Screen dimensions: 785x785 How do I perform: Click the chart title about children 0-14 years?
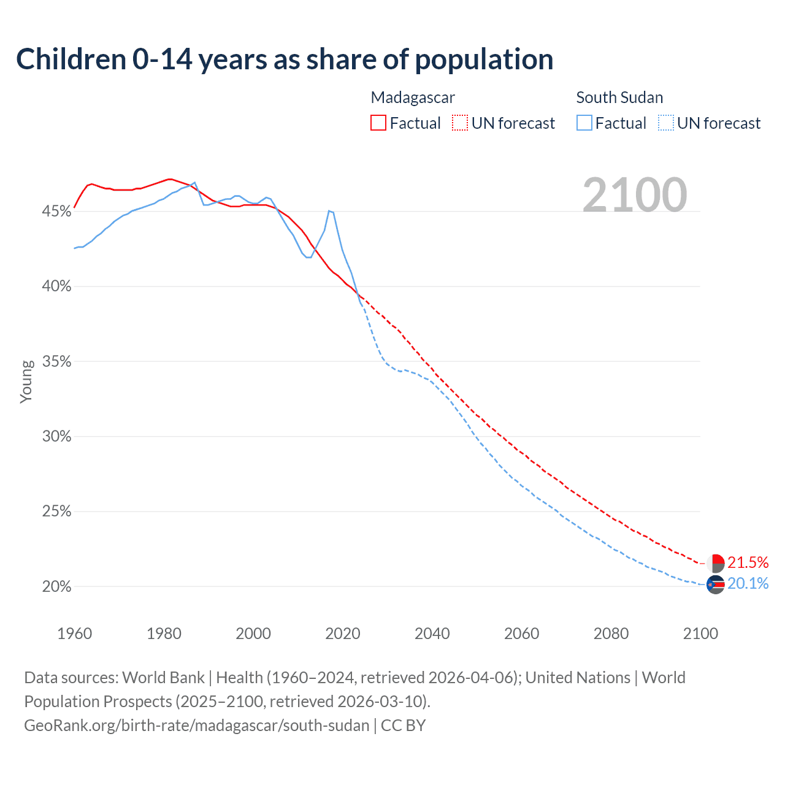point(285,59)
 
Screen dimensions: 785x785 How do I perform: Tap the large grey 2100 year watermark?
point(635,195)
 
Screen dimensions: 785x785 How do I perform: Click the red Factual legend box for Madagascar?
point(378,123)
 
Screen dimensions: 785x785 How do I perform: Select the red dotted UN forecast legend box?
point(460,123)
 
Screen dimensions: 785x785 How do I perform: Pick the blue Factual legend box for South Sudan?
point(584,123)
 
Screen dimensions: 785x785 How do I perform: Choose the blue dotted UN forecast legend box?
point(665,123)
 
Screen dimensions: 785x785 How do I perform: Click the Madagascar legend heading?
point(413,98)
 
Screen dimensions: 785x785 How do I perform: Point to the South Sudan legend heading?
point(619,98)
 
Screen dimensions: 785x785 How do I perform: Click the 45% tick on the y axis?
point(56,212)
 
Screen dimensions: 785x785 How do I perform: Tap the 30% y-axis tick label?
point(56,437)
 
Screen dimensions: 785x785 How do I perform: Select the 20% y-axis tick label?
point(56,587)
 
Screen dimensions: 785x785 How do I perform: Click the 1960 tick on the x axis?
point(74,634)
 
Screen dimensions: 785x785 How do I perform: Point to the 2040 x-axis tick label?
point(432,634)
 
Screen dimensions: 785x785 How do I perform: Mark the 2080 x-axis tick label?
point(611,634)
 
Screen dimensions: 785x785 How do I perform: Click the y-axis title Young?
point(26,381)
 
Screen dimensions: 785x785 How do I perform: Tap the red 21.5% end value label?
point(748,562)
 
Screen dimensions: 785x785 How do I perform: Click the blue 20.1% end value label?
point(748,583)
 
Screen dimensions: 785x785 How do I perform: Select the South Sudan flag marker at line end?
point(716,585)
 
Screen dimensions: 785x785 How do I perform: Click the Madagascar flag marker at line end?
point(716,563)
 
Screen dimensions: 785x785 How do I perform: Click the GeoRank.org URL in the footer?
point(197,726)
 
